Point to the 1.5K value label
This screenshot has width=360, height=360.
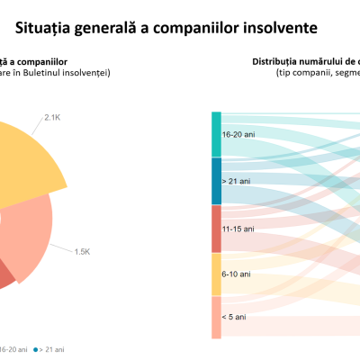[x=82, y=251]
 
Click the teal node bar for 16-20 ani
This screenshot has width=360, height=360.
[x=216, y=134]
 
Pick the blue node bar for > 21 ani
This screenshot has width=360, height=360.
[x=216, y=180]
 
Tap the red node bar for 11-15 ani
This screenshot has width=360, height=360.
[x=216, y=229]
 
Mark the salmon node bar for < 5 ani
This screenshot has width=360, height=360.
[x=216, y=317]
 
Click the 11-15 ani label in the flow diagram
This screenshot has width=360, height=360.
[x=238, y=229]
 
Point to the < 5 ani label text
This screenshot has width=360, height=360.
[x=234, y=317]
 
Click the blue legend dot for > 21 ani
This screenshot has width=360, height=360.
[x=36, y=348]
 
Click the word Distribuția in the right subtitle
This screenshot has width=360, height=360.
[x=276, y=61]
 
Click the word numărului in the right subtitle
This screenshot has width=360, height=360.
[x=325, y=61]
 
